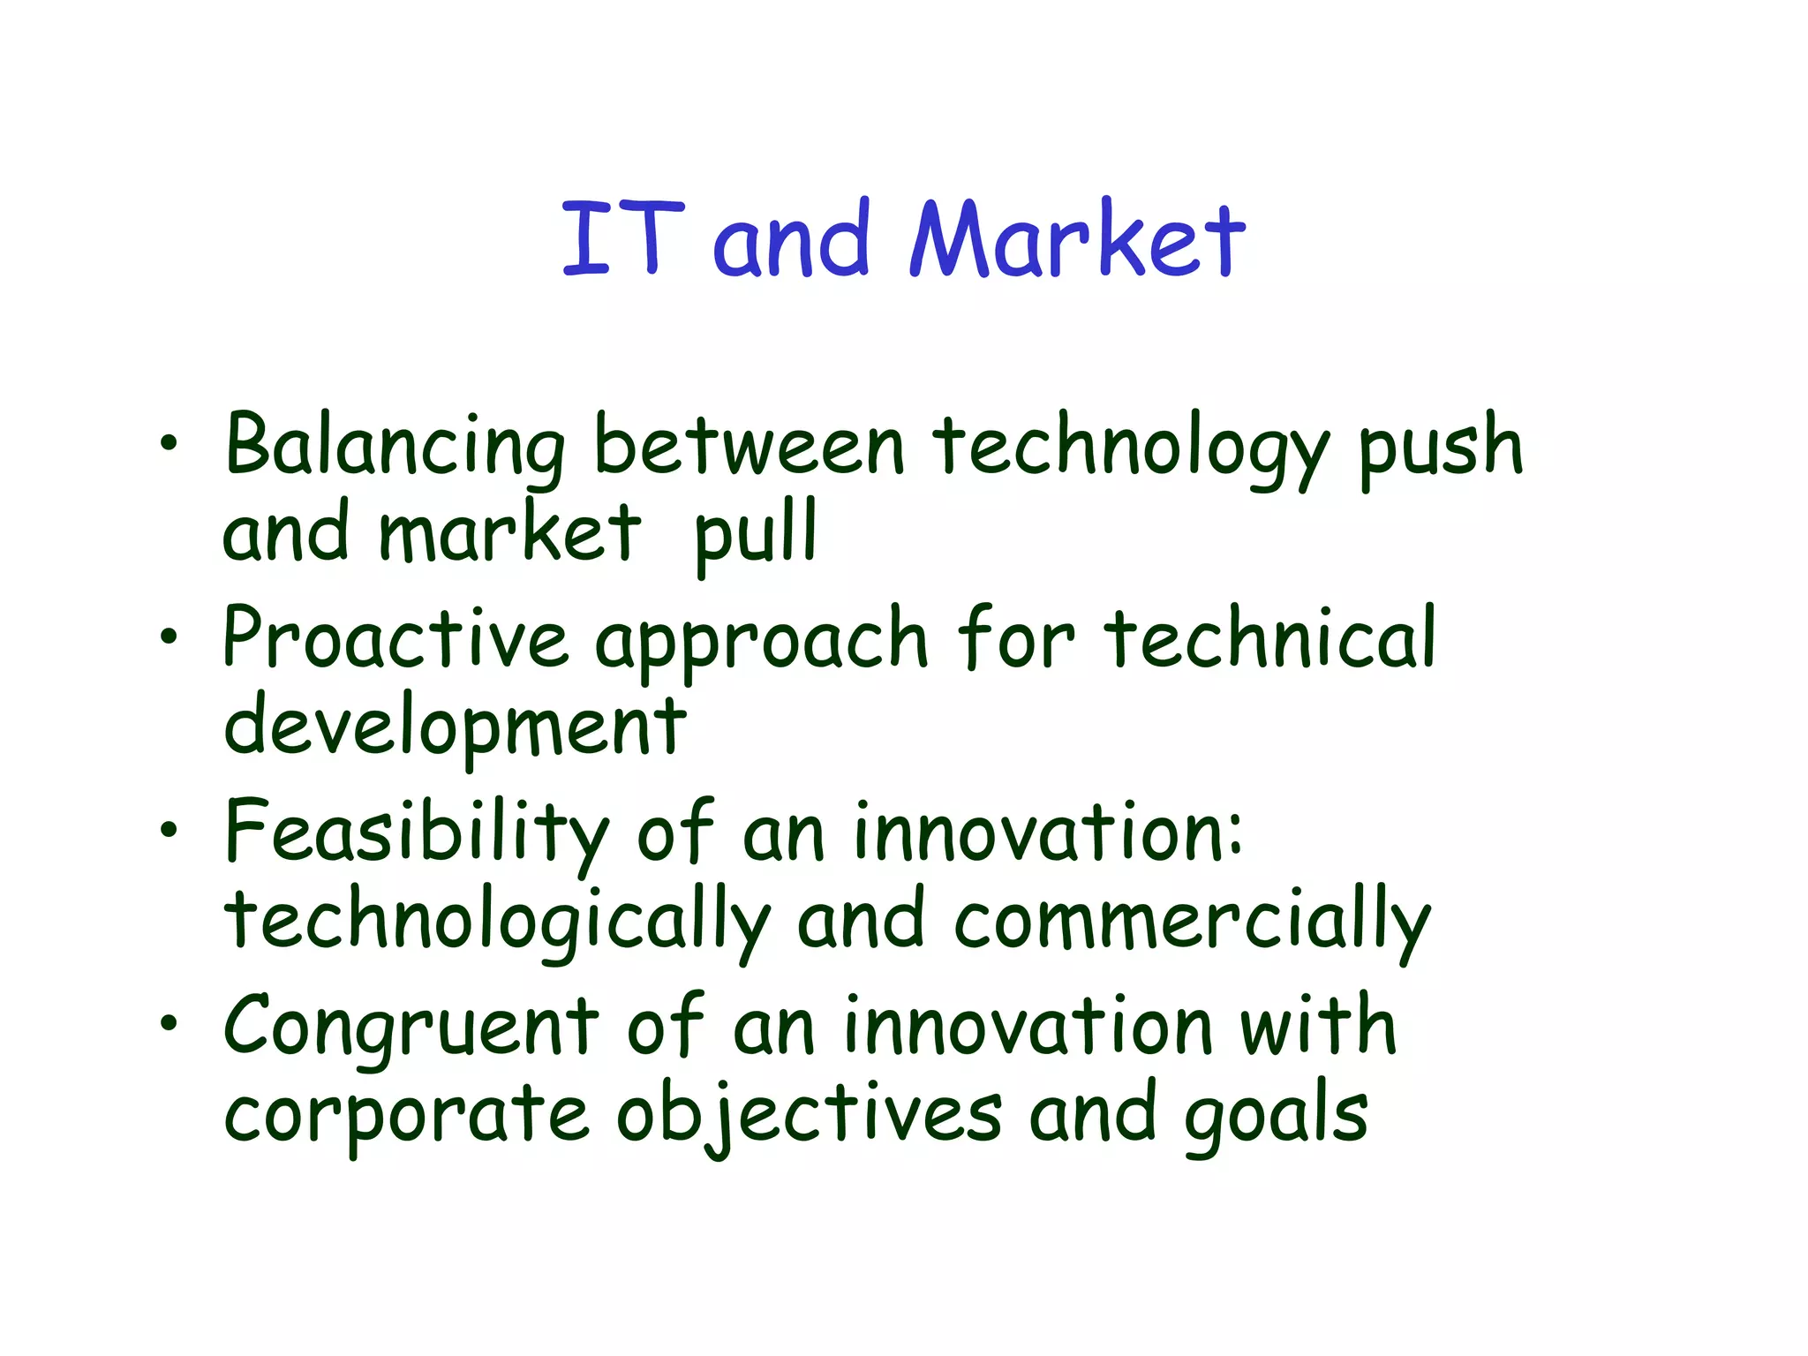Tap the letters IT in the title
point(622,238)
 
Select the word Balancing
point(395,446)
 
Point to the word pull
point(756,534)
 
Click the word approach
point(761,643)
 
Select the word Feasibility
point(417,832)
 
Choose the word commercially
point(1191,922)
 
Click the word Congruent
point(411,1028)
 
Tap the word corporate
point(405,1114)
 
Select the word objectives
point(809,1114)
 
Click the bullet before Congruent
point(169,1023)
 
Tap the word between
point(749,446)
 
